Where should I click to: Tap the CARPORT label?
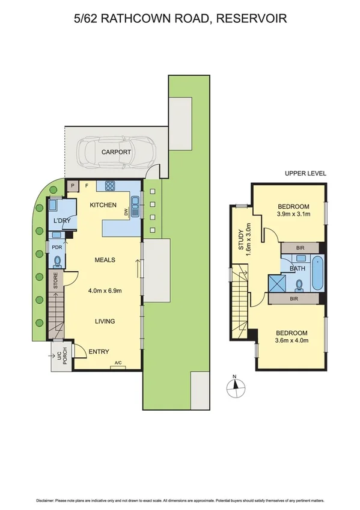pyautogui.click(x=116, y=152)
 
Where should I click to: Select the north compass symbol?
pyautogui.click(x=236, y=383)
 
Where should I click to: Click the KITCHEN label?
pyautogui.click(x=103, y=205)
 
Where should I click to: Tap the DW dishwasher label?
pyautogui.click(x=126, y=212)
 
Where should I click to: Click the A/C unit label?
pyautogui.click(x=118, y=363)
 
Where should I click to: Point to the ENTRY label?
pyautogui.click(x=99, y=352)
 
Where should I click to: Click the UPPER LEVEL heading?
pyautogui.click(x=305, y=173)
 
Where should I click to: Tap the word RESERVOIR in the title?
pyautogui.click(x=253, y=19)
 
